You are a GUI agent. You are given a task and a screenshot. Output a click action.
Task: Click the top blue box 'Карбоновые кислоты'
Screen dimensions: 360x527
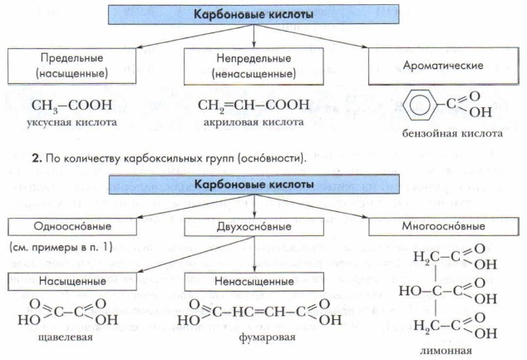(254, 14)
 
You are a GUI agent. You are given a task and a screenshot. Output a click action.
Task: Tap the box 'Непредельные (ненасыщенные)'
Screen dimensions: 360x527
(254, 66)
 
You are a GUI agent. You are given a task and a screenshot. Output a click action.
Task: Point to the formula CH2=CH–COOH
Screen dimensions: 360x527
(254, 106)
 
